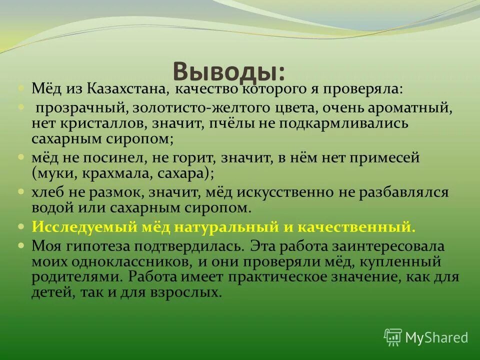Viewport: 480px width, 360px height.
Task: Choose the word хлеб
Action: click(48, 192)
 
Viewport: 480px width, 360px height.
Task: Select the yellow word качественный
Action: click(356, 226)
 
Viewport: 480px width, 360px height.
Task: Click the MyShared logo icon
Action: click(393, 337)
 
